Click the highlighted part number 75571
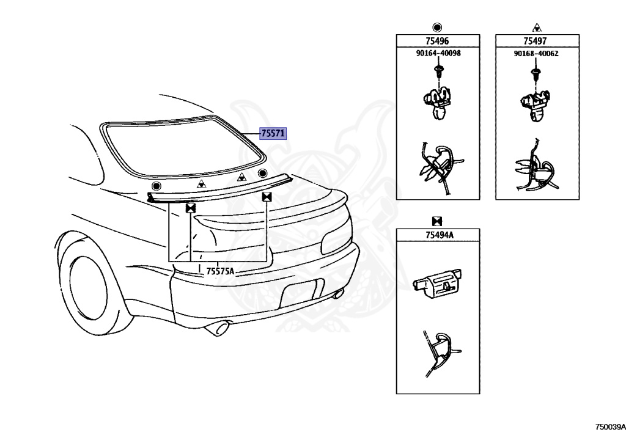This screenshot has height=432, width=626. click(x=273, y=134)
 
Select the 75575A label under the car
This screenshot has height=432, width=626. click(x=220, y=271)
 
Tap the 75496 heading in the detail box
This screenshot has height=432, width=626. click(x=437, y=41)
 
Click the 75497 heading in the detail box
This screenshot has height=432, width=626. click(x=535, y=41)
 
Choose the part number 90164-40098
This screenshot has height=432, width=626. click(x=438, y=54)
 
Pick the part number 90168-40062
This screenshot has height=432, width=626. click(x=536, y=54)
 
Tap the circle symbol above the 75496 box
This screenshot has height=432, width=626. click(x=437, y=27)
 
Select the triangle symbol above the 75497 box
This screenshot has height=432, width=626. click(x=536, y=27)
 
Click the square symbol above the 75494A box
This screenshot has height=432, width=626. click(x=437, y=221)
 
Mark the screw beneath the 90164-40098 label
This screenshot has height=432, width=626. click(x=438, y=71)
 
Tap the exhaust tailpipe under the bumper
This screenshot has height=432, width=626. click(x=218, y=329)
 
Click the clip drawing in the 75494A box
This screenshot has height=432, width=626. click(x=438, y=284)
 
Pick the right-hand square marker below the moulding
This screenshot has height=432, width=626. click(x=267, y=197)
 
